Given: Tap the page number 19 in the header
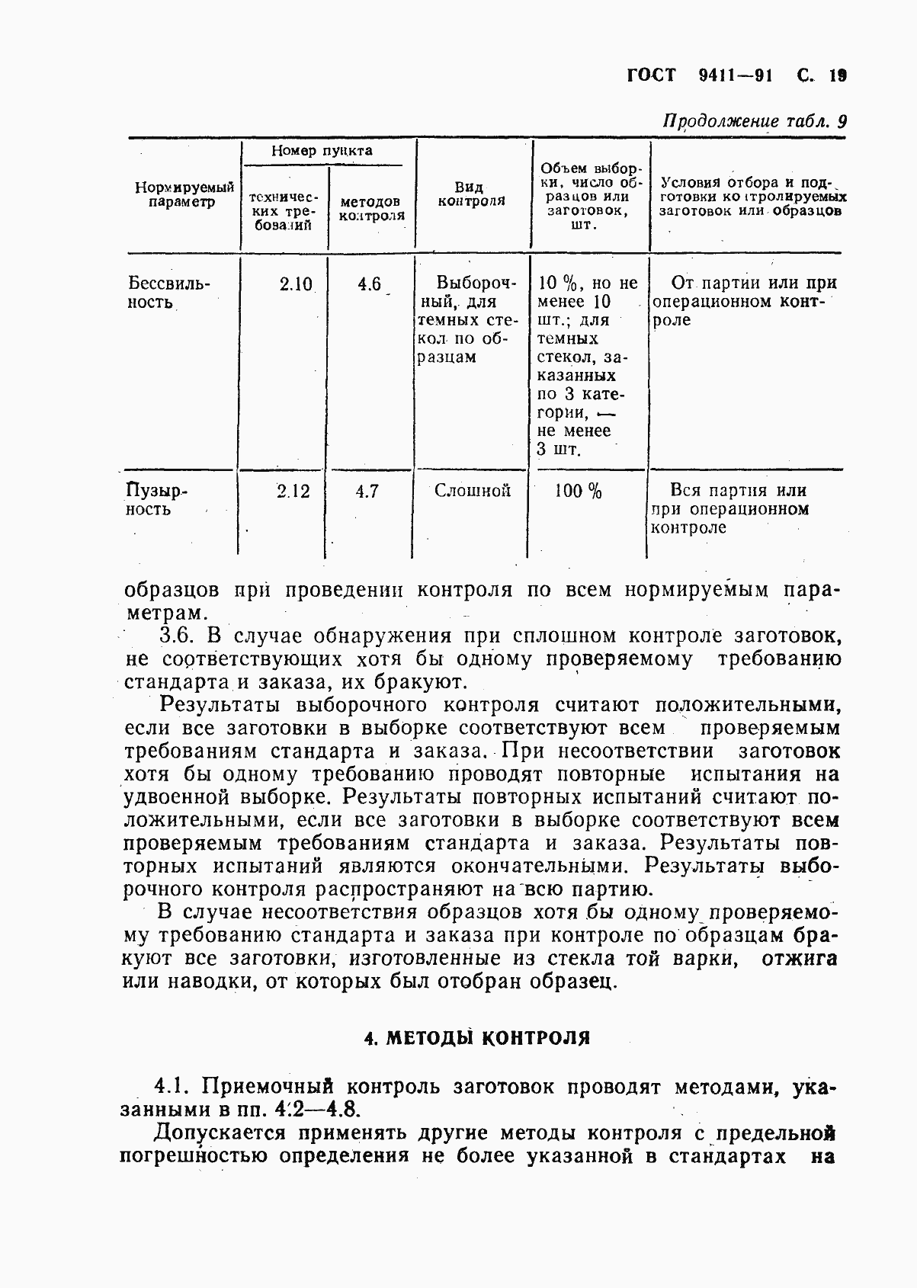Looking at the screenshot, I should [x=838, y=75].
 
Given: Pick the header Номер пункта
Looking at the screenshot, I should [x=322, y=151].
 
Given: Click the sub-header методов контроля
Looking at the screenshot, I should [x=372, y=209].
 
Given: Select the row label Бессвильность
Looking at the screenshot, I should [x=168, y=293].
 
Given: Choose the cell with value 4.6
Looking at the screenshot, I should [x=369, y=284].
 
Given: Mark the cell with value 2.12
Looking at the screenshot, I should [x=293, y=492].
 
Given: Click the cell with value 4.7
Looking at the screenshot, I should [x=367, y=492].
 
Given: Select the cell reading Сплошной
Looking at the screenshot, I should [x=473, y=492].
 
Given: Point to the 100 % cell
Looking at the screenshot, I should [x=579, y=492].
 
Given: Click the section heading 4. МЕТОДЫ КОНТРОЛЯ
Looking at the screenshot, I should [x=478, y=1037].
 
